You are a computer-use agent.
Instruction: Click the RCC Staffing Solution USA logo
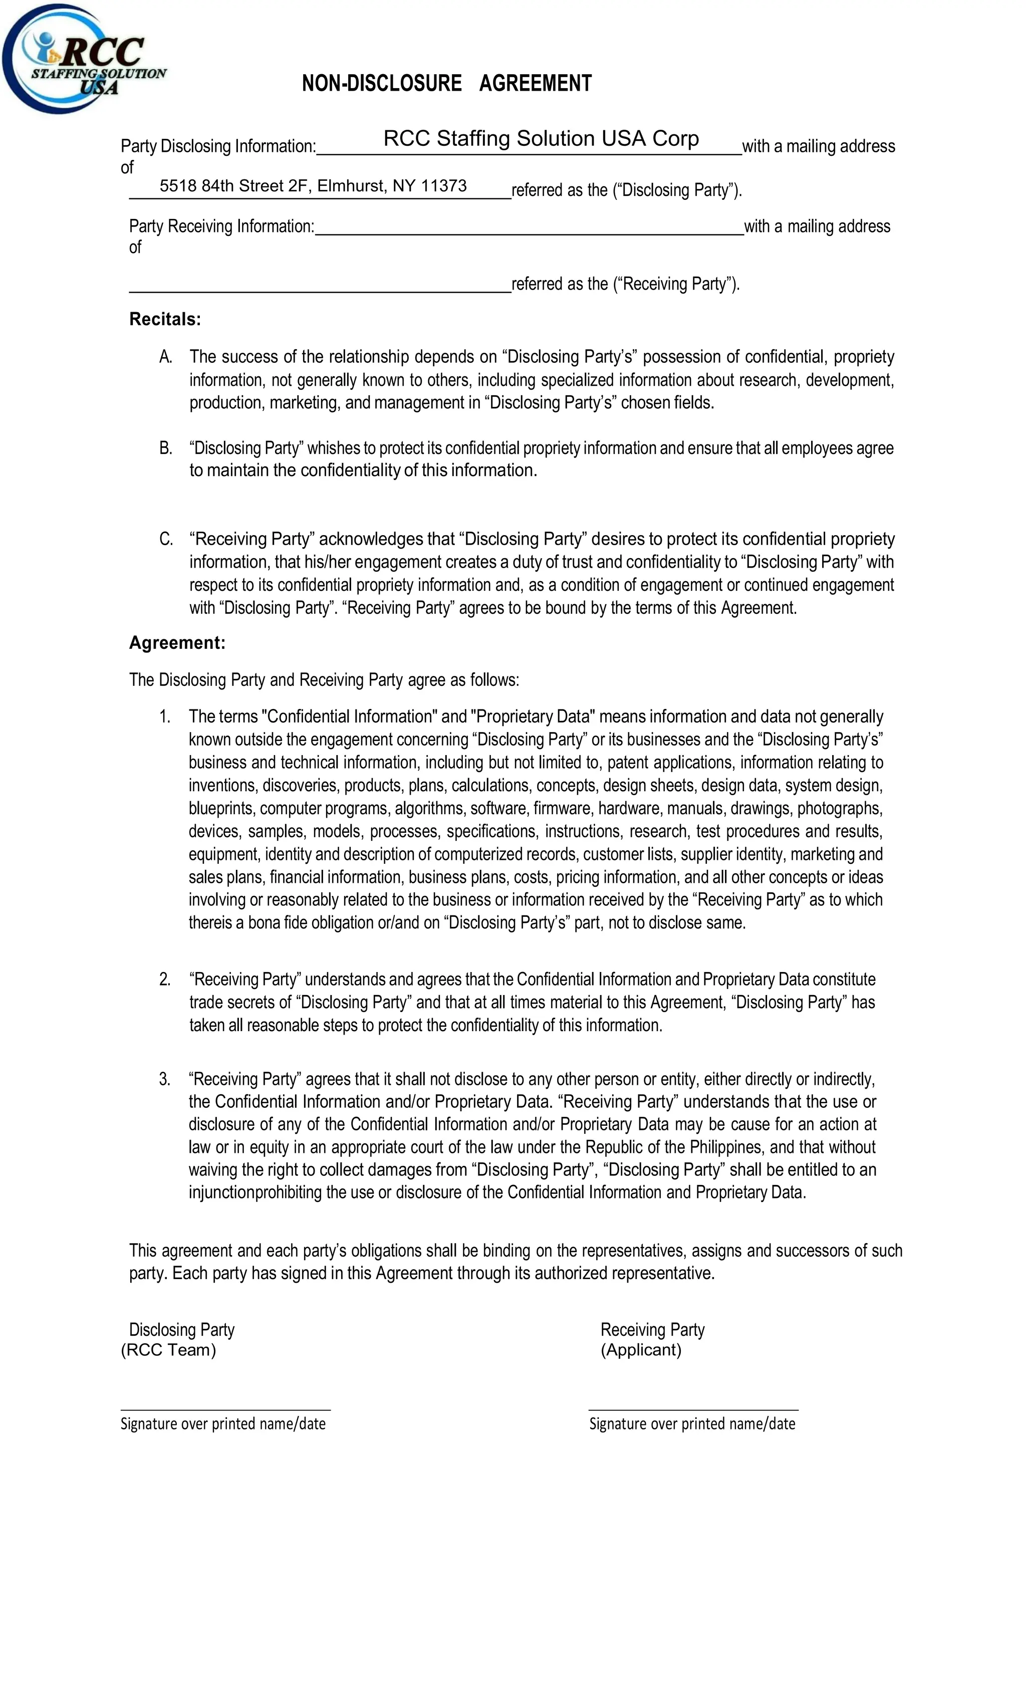point(82,60)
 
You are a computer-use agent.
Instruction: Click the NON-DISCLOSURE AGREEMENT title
point(446,84)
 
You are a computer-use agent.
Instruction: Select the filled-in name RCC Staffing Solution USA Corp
point(541,139)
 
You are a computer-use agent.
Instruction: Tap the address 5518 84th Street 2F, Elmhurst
point(313,186)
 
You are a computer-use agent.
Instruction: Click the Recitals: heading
point(165,319)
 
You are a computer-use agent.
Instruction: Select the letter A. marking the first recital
point(165,357)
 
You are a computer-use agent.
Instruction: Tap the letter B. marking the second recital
point(165,448)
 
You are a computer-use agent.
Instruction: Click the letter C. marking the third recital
point(165,539)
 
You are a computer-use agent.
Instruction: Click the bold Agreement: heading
point(177,643)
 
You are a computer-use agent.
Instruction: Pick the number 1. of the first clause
point(165,717)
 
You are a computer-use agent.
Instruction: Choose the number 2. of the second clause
point(165,980)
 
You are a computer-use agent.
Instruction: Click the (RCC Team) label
point(168,1350)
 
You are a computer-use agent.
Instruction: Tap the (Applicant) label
point(641,1350)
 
